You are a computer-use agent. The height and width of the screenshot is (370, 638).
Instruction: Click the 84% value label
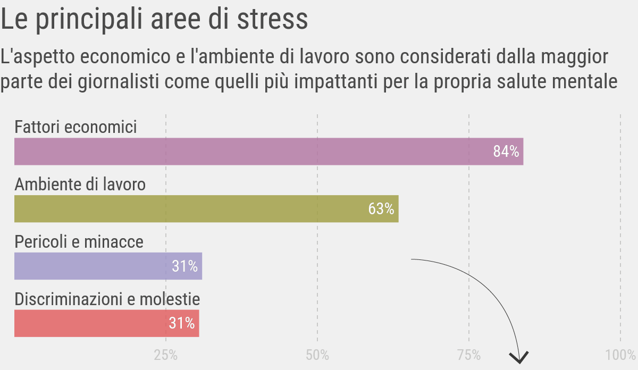[506, 152]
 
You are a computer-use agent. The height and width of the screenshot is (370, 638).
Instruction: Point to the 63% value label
[381, 209]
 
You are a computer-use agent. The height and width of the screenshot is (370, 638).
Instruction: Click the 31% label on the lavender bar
[184, 266]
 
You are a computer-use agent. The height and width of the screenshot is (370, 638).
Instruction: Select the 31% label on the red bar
[182, 323]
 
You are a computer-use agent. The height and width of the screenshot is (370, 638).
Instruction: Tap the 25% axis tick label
[166, 355]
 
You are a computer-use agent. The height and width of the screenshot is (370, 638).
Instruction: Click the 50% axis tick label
[317, 355]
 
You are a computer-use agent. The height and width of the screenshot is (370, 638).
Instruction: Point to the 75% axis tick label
[469, 355]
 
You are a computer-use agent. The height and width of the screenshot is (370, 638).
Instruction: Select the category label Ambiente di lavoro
[80, 185]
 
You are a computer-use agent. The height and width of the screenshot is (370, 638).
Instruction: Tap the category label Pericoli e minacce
[79, 242]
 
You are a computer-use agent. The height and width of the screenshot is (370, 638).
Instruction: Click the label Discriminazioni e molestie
[107, 299]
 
